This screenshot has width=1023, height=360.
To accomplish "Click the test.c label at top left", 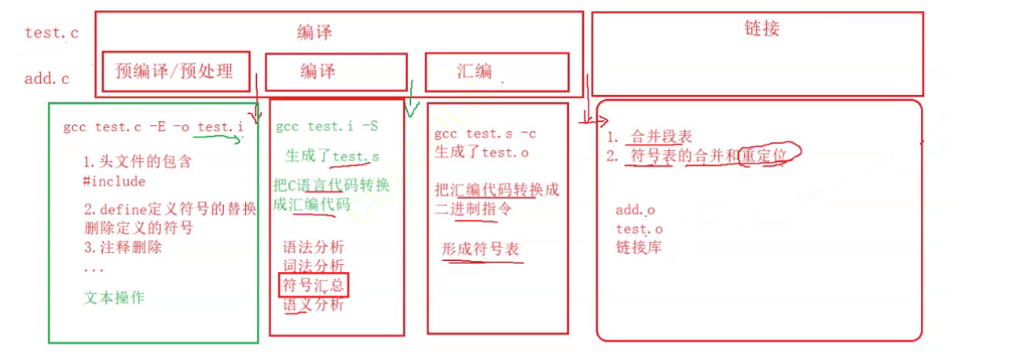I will coord(51,33).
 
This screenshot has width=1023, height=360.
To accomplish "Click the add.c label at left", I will coord(47,79).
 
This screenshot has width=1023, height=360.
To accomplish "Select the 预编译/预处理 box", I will coord(174,72).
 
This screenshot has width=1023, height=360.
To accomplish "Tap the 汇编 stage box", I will coord(497,72).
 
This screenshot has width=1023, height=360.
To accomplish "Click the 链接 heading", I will coord(761,30).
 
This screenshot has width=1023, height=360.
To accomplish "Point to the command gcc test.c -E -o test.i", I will coord(153,127).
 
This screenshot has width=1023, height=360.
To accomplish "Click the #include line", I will coord(114,181).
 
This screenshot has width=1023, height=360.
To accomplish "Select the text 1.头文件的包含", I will coord(137,163).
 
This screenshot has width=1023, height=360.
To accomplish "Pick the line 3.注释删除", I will coord(123,247).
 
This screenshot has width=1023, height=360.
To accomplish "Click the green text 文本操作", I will coord(114,298).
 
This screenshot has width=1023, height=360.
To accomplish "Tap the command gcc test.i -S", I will coord(328,127).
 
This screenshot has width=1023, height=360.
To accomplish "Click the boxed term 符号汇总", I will coord(313,285).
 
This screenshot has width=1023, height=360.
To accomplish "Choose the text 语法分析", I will coord(313,248).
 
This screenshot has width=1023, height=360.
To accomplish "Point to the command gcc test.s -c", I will coord(485,134).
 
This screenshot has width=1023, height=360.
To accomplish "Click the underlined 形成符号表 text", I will coord(480,249).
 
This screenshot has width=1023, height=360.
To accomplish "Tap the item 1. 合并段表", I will coord(651,138).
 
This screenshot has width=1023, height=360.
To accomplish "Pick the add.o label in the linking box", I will coord(635,210).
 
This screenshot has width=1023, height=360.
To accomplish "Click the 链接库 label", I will coord(640,247).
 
